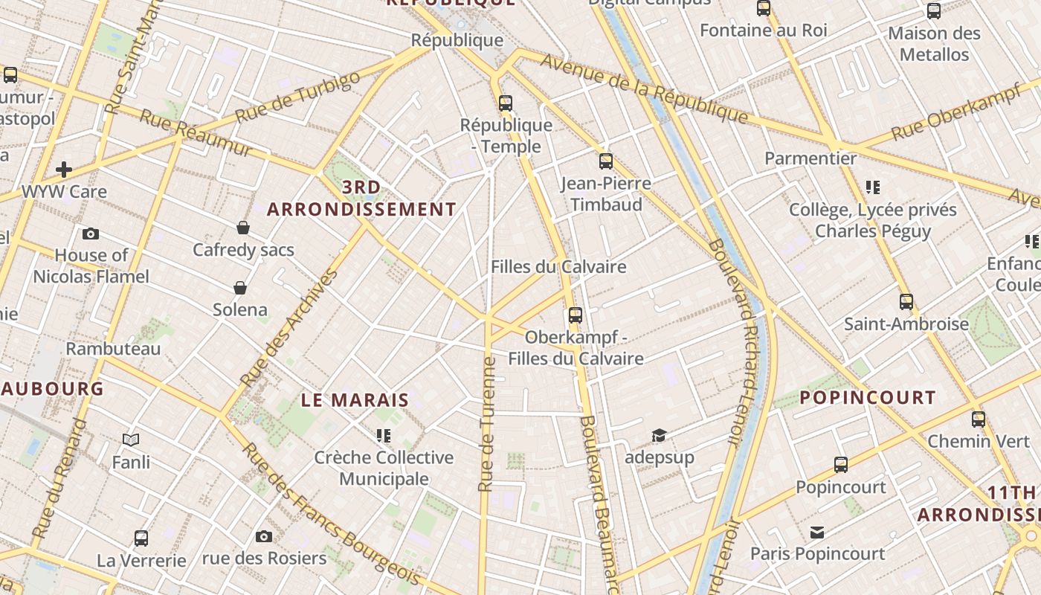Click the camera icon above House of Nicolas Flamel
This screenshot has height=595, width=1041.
(x=91, y=234)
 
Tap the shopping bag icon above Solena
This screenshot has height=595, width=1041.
(x=240, y=288)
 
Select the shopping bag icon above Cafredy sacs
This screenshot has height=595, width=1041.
(x=243, y=228)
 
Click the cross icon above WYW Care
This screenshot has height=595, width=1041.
(x=64, y=170)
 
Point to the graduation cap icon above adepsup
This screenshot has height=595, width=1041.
(x=659, y=435)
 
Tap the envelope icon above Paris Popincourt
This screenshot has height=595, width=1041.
(x=817, y=532)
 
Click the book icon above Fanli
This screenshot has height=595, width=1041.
(x=131, y=440)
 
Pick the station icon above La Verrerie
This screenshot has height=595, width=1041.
(x=141, y=538)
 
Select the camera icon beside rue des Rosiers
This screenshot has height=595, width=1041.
(x=263, y=536)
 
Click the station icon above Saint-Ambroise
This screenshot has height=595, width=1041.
(x=906, y=302)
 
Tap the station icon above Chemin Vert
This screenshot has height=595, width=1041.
(x=979, y=419)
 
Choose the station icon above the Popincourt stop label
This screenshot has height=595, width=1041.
(x=841, y=465)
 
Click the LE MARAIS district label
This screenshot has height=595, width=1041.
(x=355, y=400)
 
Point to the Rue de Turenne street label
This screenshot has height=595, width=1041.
(x=487, y=424)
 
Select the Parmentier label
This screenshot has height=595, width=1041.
(x=810, y=158)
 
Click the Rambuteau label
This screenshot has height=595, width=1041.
(x=113, y=349)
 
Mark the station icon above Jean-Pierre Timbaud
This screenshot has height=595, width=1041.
(x=606, y=161)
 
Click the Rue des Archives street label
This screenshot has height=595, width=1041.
(x=289, y=327)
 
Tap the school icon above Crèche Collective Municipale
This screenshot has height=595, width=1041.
(x=384, y=435)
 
